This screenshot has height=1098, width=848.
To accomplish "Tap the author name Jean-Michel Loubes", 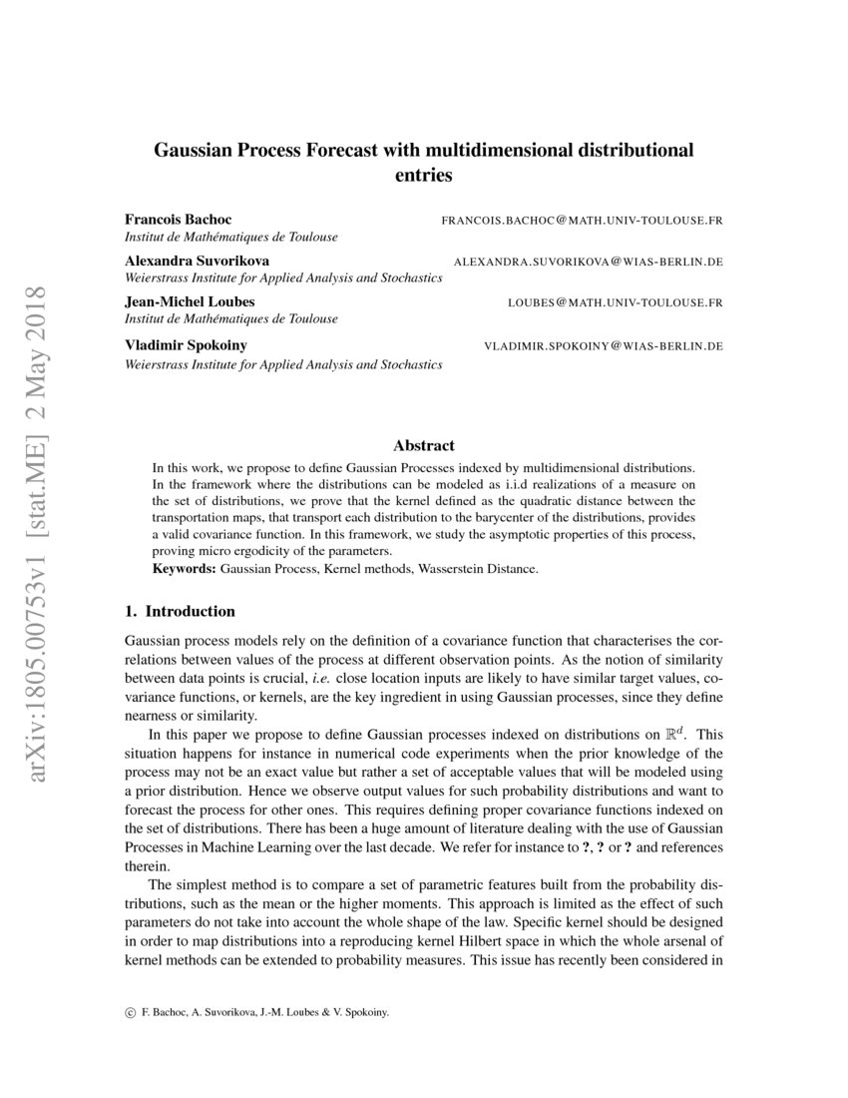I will [x=188, y=301].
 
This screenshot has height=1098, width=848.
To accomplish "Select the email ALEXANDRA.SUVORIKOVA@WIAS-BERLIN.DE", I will [x=588, y=262].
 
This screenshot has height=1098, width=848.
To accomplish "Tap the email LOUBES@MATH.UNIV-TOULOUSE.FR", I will [x=616, y=302].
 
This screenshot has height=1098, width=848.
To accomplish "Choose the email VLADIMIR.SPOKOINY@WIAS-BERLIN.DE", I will [x=603, y=346].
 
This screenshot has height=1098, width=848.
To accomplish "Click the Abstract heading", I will [x=424, y=445].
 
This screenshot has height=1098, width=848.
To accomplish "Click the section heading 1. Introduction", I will [x=180, y=611].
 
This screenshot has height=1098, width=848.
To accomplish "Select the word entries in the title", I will [x=424, y=176].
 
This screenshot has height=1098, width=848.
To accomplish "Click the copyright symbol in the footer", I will [x=131, y=1011].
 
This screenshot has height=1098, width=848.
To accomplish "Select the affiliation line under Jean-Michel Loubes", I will [x=230, y=319].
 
